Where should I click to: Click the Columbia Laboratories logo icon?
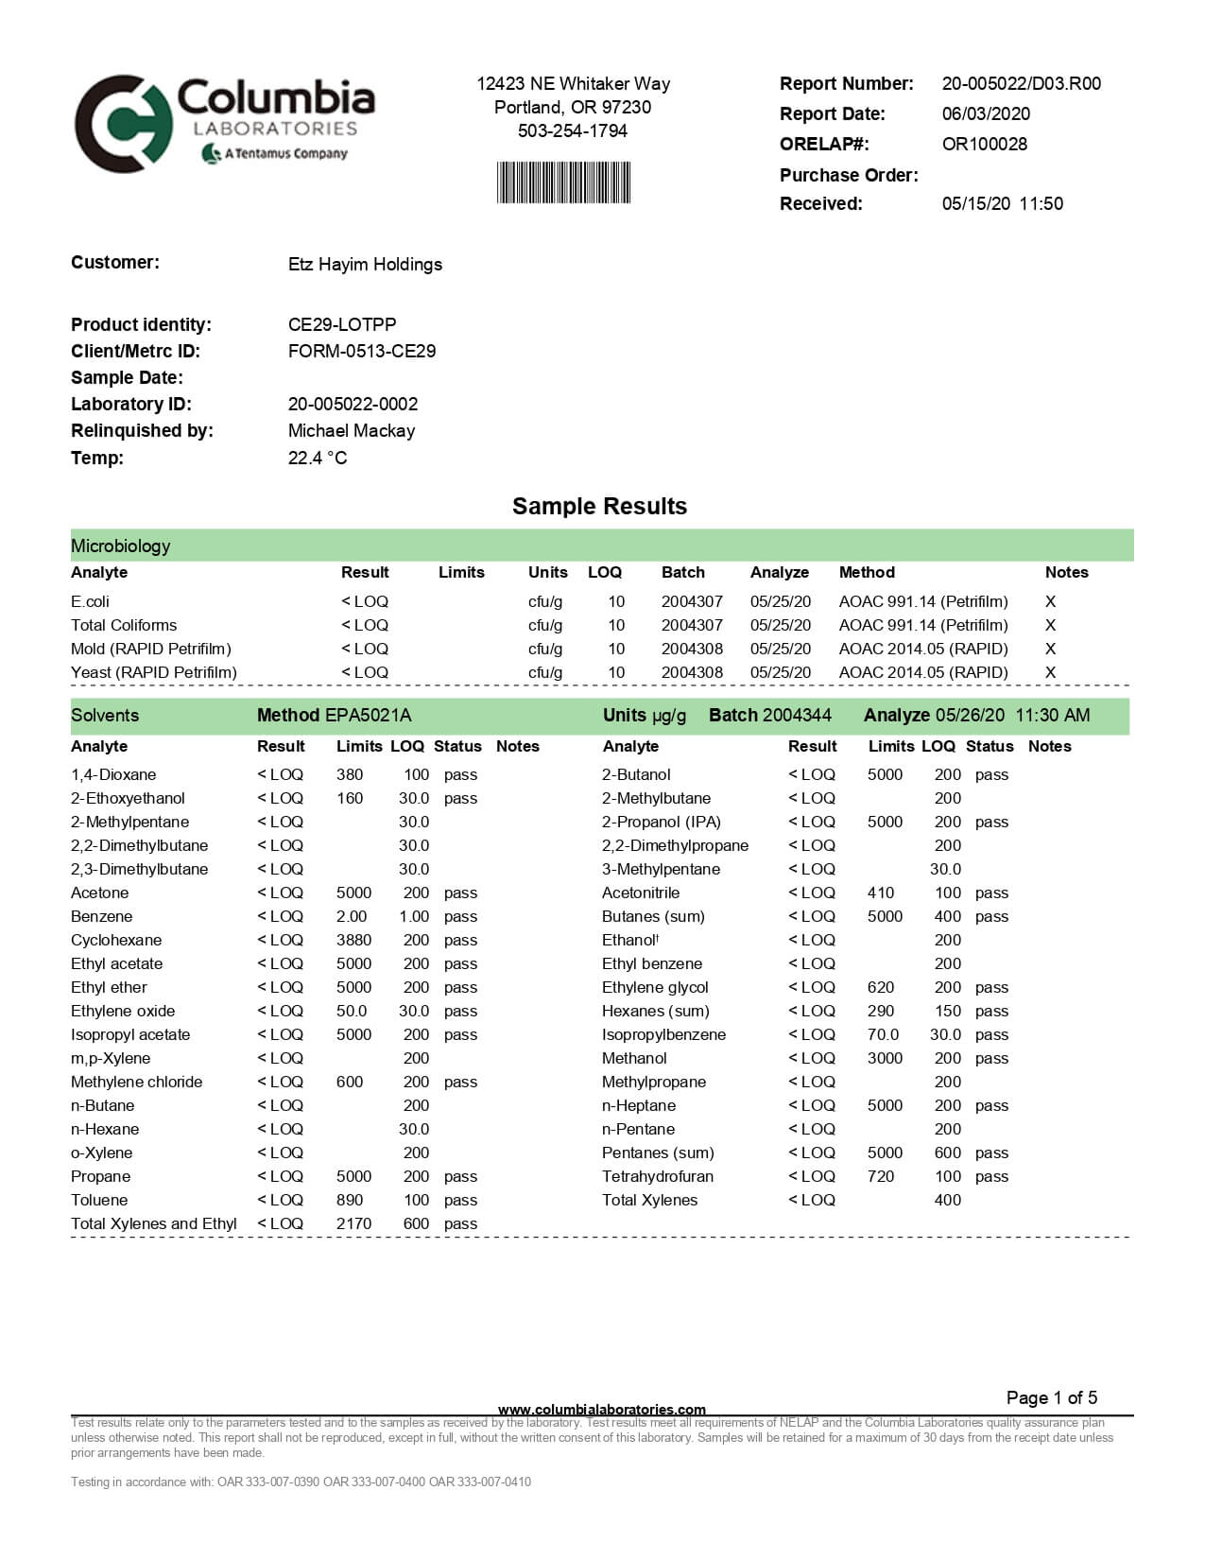point(123,124)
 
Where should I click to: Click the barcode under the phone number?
point(563,182)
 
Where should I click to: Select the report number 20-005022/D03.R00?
point(1021,84)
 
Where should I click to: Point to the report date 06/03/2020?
point(986,114)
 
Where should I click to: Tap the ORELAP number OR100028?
point(984,145)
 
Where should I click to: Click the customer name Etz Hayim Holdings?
point(365,265)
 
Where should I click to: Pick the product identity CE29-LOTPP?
point(342,325)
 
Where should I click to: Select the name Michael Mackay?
point(352,431)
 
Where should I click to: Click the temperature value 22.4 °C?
point(318,459)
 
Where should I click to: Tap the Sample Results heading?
point(599,507)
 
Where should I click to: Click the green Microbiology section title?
point(121,546)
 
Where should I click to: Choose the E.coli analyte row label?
point(90,602)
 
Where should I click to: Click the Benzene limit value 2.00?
point(352,917)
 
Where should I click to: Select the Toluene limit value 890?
point(350,1201)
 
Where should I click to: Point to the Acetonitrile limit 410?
point(881,893)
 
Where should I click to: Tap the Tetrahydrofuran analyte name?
point(658,1177)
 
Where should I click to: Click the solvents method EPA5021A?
point(368,716)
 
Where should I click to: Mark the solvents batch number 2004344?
point(797,716)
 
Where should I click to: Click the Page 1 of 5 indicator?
point(1052,1398)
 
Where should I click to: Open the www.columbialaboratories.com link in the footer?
point(602,1410)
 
